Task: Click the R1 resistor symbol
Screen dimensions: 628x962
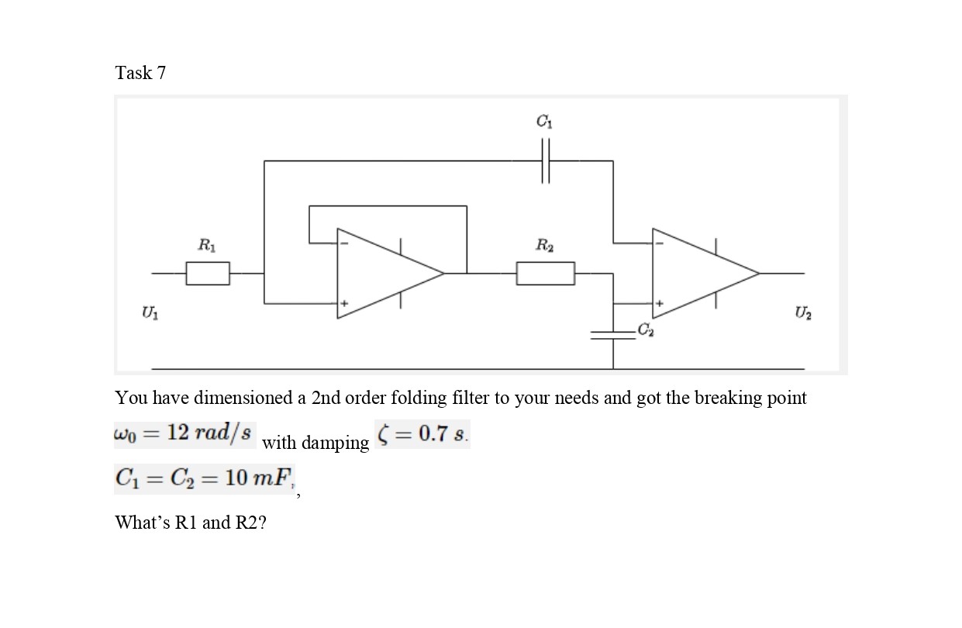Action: pyautogui.click(x=208, y=273)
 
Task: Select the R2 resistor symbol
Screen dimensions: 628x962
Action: pyautogui.click(x=546, y=273)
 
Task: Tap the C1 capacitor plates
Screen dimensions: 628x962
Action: pyautogui.click(x=546, y=160)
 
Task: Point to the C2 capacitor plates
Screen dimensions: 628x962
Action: pyautogui.click(x=612, y=334)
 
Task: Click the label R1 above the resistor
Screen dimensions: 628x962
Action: pyautogui.click(x=206, y=247)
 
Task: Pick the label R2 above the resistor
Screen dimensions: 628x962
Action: pyautogui.click(x=544, y=247)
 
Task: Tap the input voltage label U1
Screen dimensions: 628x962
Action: pyautogui.click(x=147, y=312)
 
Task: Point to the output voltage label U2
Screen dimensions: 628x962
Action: pyautogui.click(x=800, y=312)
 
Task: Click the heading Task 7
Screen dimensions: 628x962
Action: pyautogui.click(x=140, y=73)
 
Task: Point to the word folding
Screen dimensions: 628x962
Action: pyautogui.click(x=391, y=399)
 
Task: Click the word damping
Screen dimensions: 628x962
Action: pyautogui.click(x=336, y=443)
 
